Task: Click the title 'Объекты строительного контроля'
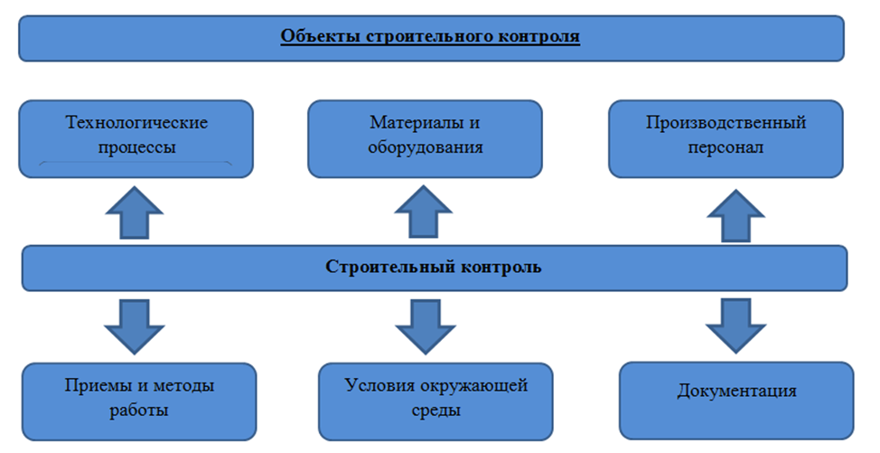pos(430,36)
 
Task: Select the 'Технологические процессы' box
pos(136,138)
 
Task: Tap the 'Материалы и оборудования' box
pos(425,138)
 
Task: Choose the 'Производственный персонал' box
pos(726,138)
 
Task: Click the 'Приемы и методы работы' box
pos(139,401)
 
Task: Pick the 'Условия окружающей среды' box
pos(435,401)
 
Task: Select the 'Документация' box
pos(736,400)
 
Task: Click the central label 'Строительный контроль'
pos(434,267)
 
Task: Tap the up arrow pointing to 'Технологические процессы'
pos(134,212)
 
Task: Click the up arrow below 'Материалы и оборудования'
pos(423,212)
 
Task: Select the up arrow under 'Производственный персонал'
pos(735,216)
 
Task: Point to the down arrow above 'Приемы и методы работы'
pos(134,326)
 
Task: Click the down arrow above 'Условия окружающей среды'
pos(426,326)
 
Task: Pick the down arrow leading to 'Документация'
pos(735,326)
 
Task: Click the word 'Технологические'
pos(137,123)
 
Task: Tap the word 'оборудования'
pos(426,148)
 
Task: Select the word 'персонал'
pos(726,148)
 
